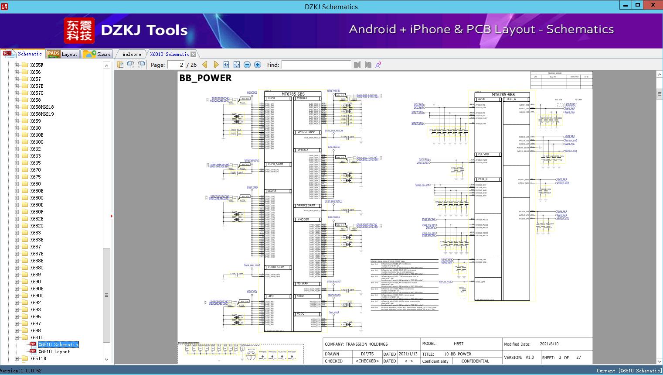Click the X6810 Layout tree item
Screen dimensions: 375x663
coord(54,351)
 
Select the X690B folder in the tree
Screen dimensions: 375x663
coord(37,289)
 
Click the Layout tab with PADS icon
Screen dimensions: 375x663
coord(62,54)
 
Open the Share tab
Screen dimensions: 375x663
coord(97,54)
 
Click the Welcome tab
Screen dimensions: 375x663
coord(132,54)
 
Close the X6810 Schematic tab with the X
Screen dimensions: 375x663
coord(193,54)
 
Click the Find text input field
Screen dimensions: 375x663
coord(316,65)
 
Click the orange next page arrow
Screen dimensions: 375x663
coord(216,65)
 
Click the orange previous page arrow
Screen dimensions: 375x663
coord(205,65)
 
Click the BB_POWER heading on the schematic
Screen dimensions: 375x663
coord(205,78)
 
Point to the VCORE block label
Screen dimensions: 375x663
coord(272,191)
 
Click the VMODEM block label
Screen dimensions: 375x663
coord(303,220)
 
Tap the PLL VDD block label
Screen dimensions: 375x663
coord(483,155)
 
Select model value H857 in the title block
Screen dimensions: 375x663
coord(458,344)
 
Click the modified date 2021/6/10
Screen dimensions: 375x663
coord(549,344)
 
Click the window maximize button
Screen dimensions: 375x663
coord(638,5)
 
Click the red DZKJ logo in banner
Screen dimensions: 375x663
coord(79,31)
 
